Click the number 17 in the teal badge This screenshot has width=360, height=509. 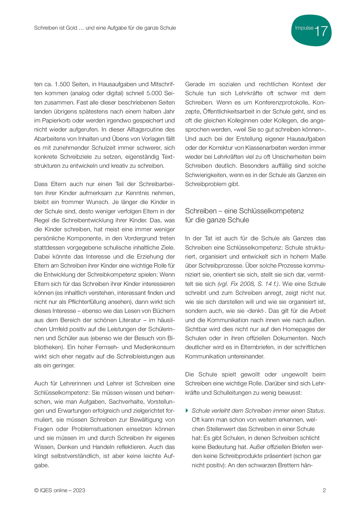coord(321,31)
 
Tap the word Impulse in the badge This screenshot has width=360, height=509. coord(304,28)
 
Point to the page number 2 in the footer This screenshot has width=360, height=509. coord(324,490)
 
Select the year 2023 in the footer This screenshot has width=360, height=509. coord(79,490)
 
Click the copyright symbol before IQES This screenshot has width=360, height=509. coord(36,490)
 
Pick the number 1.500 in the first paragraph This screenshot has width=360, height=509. coord(63,84)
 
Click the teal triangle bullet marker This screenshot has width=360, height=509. coord(187,410)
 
